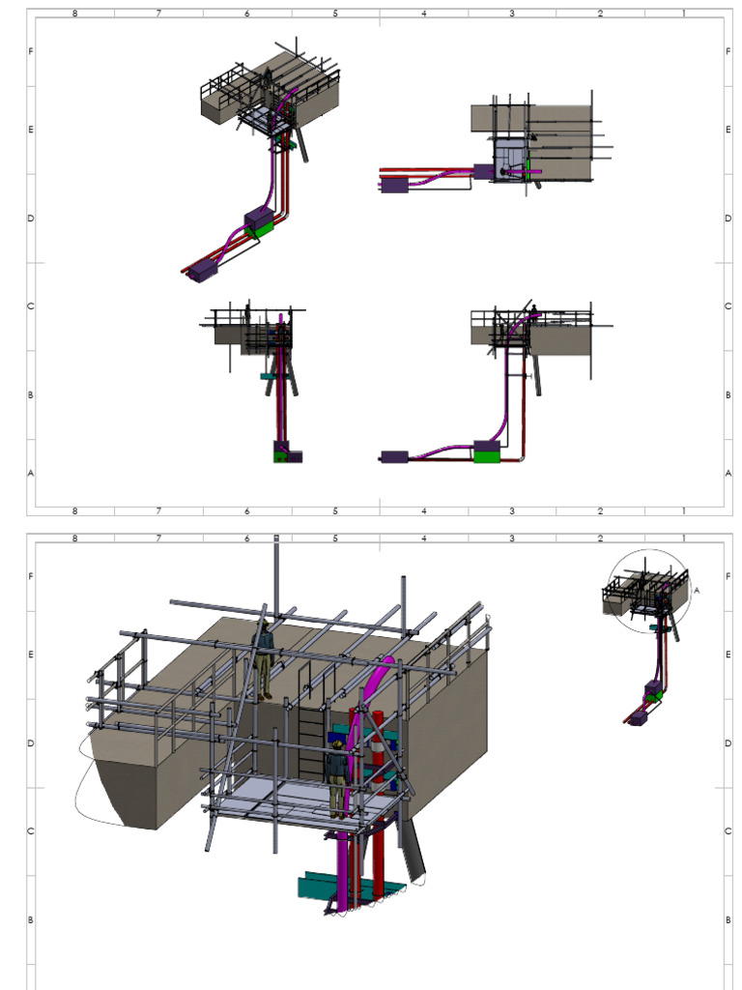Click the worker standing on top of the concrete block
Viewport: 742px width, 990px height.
click(264, 659)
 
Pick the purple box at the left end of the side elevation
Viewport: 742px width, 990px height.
click(394, 456)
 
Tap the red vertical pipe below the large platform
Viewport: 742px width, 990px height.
click(378, 851)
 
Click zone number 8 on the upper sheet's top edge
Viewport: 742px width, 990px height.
click(74, 14)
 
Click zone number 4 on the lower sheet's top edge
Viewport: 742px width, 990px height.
click(424, 538)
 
